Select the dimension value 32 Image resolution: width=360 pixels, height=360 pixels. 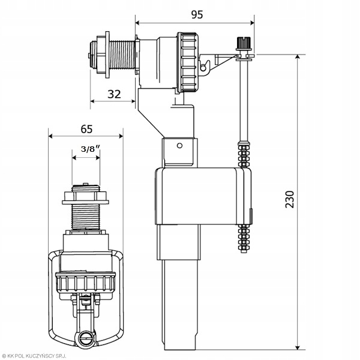(113, 94)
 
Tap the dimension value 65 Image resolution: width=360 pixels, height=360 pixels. (86, 128)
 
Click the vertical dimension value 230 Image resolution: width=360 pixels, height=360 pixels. (289, 200)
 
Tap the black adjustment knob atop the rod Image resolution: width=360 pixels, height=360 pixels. (242, 44)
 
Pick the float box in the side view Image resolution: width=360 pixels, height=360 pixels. (201, 195)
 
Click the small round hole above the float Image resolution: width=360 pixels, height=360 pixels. (178, 145)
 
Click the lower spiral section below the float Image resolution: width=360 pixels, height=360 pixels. (244, 237)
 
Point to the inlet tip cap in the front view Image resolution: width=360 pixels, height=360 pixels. (85, 188)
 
